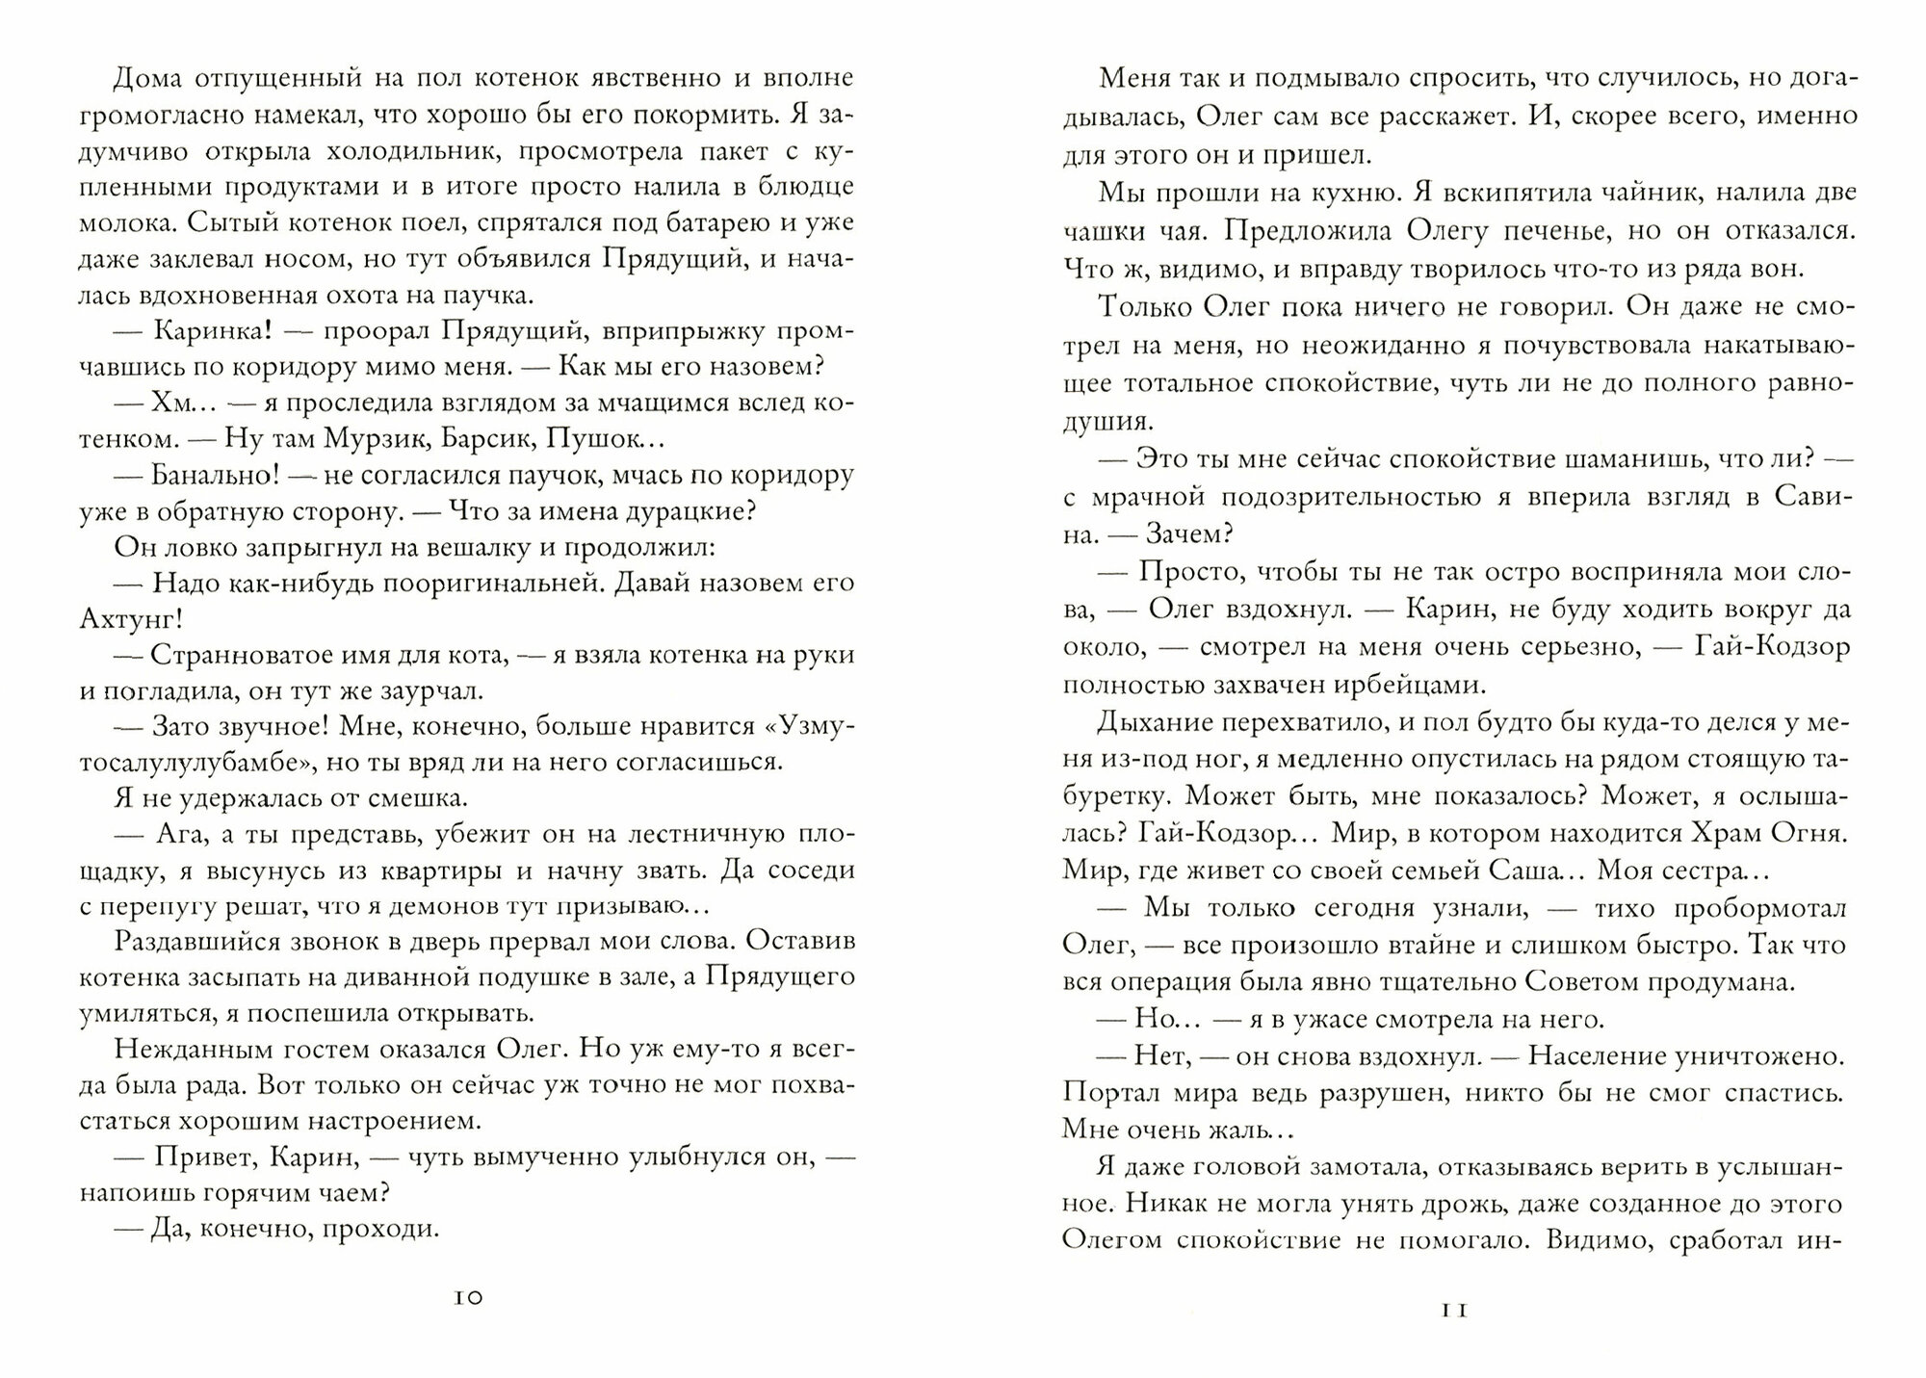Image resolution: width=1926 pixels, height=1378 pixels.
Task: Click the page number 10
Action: [467, 1298]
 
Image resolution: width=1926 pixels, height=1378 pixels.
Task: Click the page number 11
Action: [1454, 1310]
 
